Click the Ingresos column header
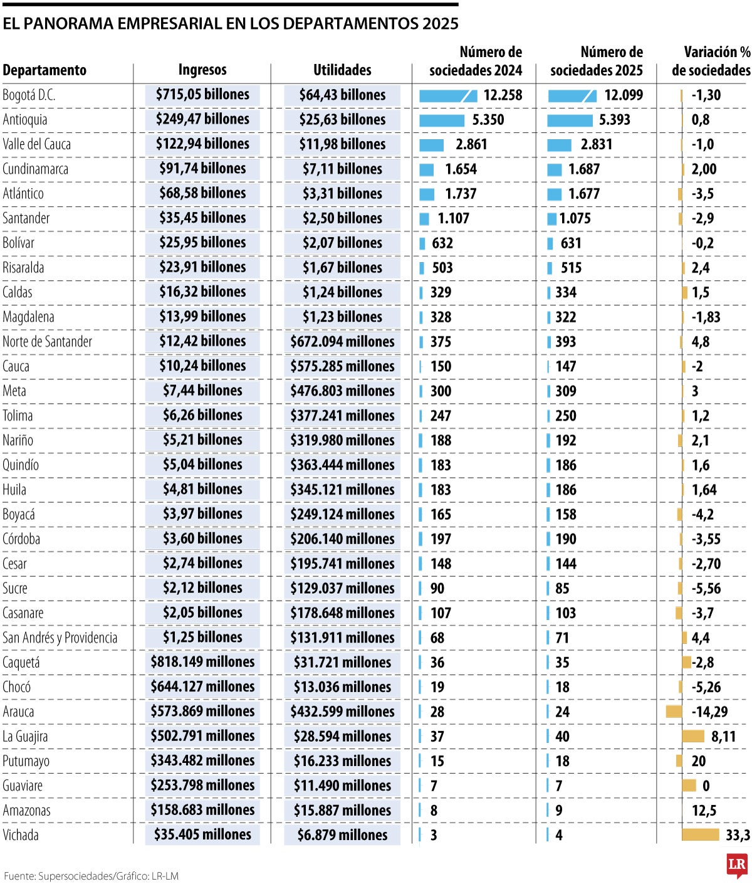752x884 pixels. (x=202, y=70)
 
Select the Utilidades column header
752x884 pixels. (x=342, y=70)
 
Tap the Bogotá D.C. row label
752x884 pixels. (x=29, y=95)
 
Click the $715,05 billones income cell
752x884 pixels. (x=202, y=95)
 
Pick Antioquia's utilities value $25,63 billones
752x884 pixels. (x=342, y=119)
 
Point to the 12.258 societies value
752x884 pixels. (x=503, y=95)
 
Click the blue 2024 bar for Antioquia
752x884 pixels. (x=441, y=120)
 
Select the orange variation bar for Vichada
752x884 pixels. (x=700, y=834)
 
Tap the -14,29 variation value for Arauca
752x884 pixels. (x=709, y=712)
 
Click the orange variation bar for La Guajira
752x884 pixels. (x=692, y=736)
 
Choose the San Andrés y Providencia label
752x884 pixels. (x=60, y=638)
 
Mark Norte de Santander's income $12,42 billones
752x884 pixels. (x=202, y=341)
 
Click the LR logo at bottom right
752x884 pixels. (x=736, y=866)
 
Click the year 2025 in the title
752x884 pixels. (x=441, y=24)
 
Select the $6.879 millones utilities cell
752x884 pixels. (x=342, y=835)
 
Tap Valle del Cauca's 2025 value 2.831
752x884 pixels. (x=596, y=145)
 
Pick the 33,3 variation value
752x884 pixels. (x=738, y=835)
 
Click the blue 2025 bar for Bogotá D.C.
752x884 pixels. (x=572, y=96)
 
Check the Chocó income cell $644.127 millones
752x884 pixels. (x=202, y=687)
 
